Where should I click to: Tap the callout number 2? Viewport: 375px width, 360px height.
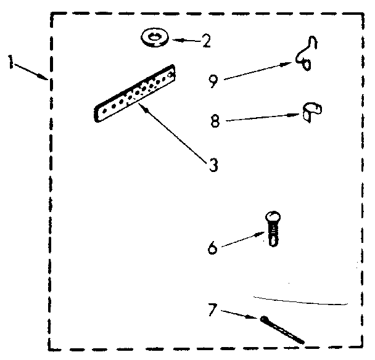click(x=206, y=41)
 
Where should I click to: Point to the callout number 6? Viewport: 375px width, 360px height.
click(x=212, y=248)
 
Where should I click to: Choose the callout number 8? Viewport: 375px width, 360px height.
click(x=214, y=121)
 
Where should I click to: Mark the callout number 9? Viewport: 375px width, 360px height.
click(x=213, y=81)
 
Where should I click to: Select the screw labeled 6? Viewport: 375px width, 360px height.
click(x=272, y=227)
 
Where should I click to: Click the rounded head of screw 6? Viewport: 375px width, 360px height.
click(x=272, y=217)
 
